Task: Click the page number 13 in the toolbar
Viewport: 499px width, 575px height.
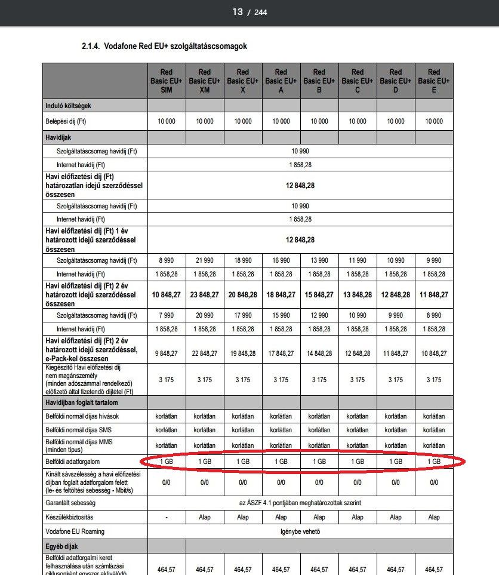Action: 238,12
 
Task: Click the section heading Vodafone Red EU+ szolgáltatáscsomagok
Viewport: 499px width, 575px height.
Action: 164,46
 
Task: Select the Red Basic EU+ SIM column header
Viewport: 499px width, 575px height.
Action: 167,81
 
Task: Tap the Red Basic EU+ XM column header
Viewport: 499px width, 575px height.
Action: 205,81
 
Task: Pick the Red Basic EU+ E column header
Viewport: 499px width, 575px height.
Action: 434,81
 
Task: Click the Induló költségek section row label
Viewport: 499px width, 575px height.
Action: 68,106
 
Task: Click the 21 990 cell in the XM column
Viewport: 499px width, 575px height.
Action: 205,260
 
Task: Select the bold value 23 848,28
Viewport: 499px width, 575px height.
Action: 205,295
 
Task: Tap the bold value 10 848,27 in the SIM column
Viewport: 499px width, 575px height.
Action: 167,295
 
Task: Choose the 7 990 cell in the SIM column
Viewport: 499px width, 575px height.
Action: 167,315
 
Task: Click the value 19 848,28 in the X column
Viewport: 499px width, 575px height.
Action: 243,353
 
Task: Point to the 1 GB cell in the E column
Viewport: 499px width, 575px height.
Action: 434,462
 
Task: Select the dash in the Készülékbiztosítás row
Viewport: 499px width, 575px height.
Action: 167,517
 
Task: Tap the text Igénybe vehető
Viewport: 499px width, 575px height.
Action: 300,531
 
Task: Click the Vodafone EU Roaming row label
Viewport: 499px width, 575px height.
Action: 75,531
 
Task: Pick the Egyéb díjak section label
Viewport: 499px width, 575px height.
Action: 61,546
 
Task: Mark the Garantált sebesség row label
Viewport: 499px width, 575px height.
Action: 72,503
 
